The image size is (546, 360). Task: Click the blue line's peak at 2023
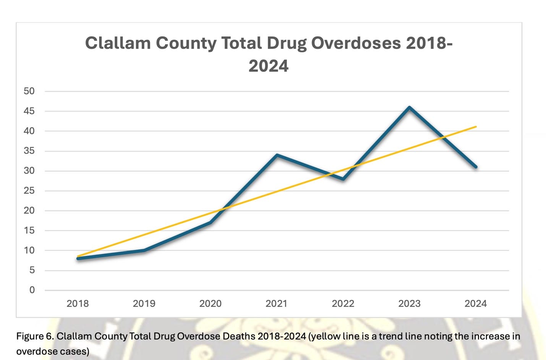[409, 107]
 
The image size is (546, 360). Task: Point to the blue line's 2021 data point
[277, 155]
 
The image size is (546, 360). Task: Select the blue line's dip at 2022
[343, 179]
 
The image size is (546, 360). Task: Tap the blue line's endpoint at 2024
[475, 167]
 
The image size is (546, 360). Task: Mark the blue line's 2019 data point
[144, 250]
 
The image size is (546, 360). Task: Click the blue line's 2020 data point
[211, 222]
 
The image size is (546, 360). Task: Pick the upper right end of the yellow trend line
[476, 126]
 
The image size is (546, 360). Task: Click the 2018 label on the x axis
[78, 304]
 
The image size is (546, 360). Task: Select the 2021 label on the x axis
[277, 304]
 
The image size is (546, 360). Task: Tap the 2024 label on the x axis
[475, 304]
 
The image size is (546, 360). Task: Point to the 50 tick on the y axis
[29, 91]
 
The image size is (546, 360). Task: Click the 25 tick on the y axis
[29, 191]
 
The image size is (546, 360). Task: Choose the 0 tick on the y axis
[32, 290]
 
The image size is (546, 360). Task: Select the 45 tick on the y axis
[29, 111]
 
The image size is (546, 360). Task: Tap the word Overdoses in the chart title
[356, 43]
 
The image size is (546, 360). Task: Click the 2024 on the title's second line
[268, 66]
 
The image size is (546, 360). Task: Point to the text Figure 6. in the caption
[35, 336]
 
